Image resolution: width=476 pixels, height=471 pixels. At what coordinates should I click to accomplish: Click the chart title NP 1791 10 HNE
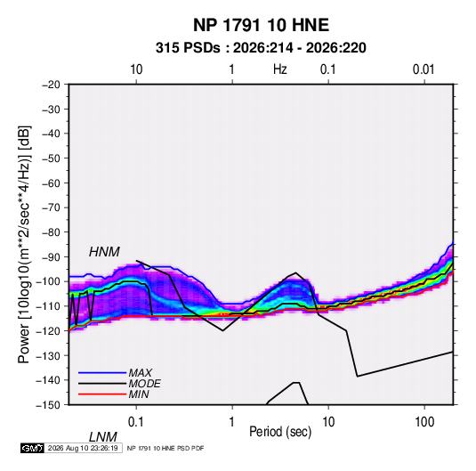pyautogui.click(x=261, y=25)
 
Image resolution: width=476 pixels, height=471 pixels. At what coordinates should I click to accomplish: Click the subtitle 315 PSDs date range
pyautogui.click(x=261, y=48)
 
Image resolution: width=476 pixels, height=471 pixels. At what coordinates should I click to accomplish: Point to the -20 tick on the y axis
pyautogui.click(x=51, y=85)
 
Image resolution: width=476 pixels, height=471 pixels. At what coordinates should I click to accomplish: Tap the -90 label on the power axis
pyautogui.click(x=51, y=257)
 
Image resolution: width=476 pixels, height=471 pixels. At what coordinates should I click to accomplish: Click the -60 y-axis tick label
pyautogui.click(x=51, y=183)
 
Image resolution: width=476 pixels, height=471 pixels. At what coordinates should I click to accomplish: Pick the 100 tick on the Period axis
pyautogui.click(x=424, y=422)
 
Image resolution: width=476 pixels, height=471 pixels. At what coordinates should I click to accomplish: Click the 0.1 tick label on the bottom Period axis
pyautogui.click(x=136, y=422)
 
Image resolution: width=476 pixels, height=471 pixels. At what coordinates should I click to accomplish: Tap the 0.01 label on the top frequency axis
pyautogui.click(x=424, y=69)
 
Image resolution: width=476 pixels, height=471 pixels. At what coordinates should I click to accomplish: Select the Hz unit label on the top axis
pyautogui.click(x=280, y=69)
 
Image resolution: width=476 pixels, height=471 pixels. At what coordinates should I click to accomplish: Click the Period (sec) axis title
pyautogui.click(x=280, y=431)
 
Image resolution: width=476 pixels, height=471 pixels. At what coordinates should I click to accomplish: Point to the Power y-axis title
pyautogui.click(x=24, y=245)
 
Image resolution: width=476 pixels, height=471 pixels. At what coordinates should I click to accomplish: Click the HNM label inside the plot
pyautogui.click(x=104, y=252)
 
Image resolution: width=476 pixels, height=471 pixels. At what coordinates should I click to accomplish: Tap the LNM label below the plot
pyautogui.click(x=102, y=437)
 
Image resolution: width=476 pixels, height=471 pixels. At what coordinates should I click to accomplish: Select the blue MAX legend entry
pyautogui.click(x=116, y=372)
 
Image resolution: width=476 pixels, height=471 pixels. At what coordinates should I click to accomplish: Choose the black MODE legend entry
pyautogui.click(x=119, y=384)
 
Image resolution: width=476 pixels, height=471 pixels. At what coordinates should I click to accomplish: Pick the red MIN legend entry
pyautogui.click(x=114, y=394)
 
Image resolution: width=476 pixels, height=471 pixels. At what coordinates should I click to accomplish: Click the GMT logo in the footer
pyautogui.click(x=32, y=448)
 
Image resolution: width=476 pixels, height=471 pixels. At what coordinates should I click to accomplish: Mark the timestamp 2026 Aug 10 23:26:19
pyautogui.click(x=83, y=448)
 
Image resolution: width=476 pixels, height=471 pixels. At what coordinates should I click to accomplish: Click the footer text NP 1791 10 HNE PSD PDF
pyautogui.click(x=165, y=448)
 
